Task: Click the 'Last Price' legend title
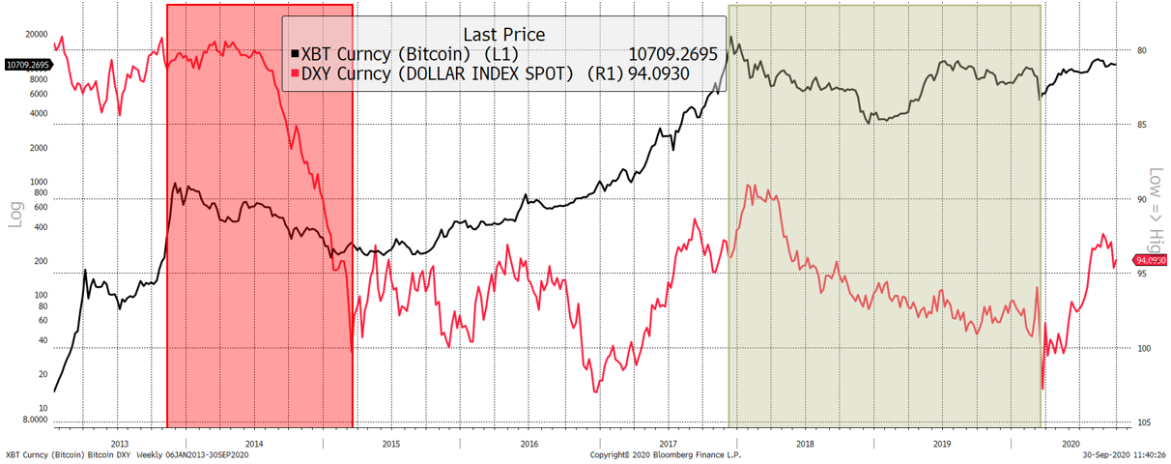click(503, 35)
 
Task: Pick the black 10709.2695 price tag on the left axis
click(25, 65)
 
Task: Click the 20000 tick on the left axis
click(37, 34)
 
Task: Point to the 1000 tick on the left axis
click(39, 182)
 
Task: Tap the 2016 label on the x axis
click(528, 443)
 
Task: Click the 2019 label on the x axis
click(941, 443)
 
